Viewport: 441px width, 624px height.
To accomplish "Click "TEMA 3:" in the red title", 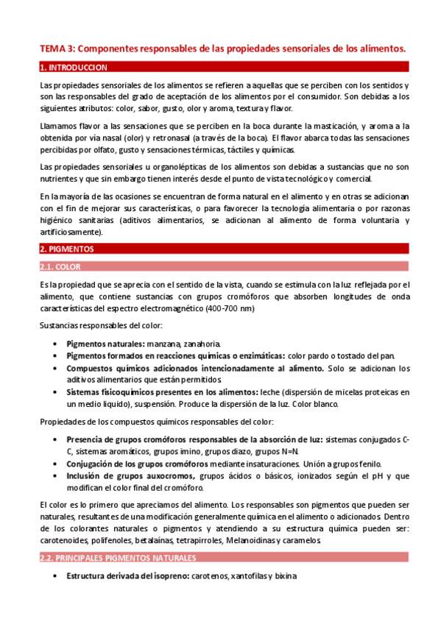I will click(57, 49).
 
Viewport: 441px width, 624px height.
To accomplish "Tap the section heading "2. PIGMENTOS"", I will click(66, 249).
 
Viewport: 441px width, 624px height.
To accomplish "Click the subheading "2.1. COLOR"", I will click(60, 266).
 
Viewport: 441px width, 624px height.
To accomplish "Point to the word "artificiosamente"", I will click(71, 232).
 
